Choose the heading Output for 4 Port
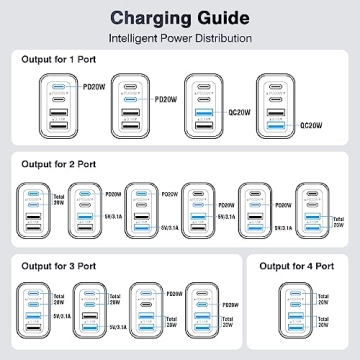298,265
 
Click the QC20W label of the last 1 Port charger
313,127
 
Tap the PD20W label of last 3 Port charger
229,291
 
